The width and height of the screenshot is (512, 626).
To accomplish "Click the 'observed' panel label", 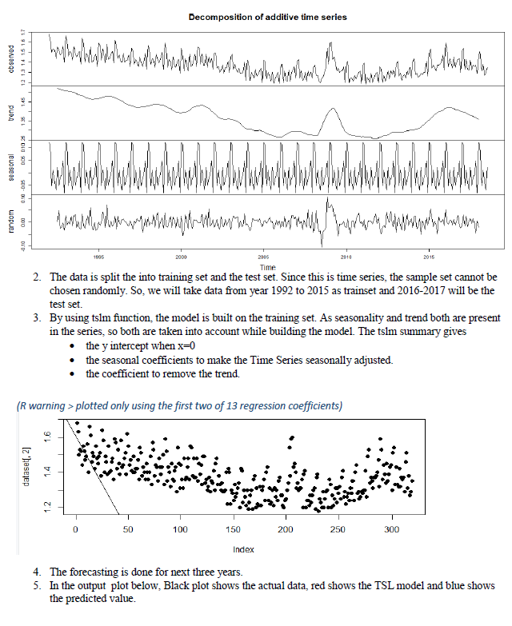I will click(x=11, y=59).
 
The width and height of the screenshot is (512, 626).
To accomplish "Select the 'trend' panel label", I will click(x=11, y=113).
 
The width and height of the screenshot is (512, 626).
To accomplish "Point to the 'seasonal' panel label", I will click(x=11, y=167).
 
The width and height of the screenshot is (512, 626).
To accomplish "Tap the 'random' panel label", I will click(x=11, y=221).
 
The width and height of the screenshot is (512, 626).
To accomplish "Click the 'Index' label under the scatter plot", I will click(x=243, y=549).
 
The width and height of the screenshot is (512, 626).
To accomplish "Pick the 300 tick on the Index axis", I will click(x=391, y=529).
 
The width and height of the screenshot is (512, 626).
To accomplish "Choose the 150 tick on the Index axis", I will click(x=234, y=529).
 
